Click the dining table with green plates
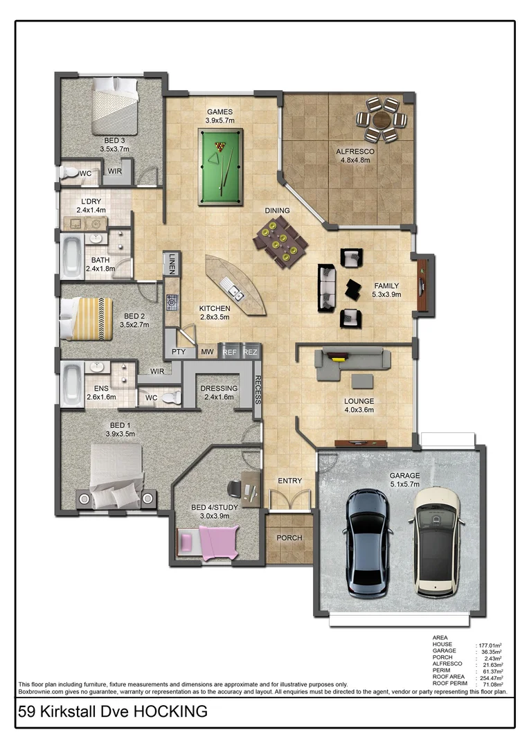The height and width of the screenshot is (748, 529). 280,240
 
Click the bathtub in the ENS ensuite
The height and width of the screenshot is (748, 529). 71,381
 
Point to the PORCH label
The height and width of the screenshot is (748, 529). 289,538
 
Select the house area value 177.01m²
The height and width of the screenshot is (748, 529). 490,645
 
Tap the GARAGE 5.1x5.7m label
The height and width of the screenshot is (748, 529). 404,480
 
